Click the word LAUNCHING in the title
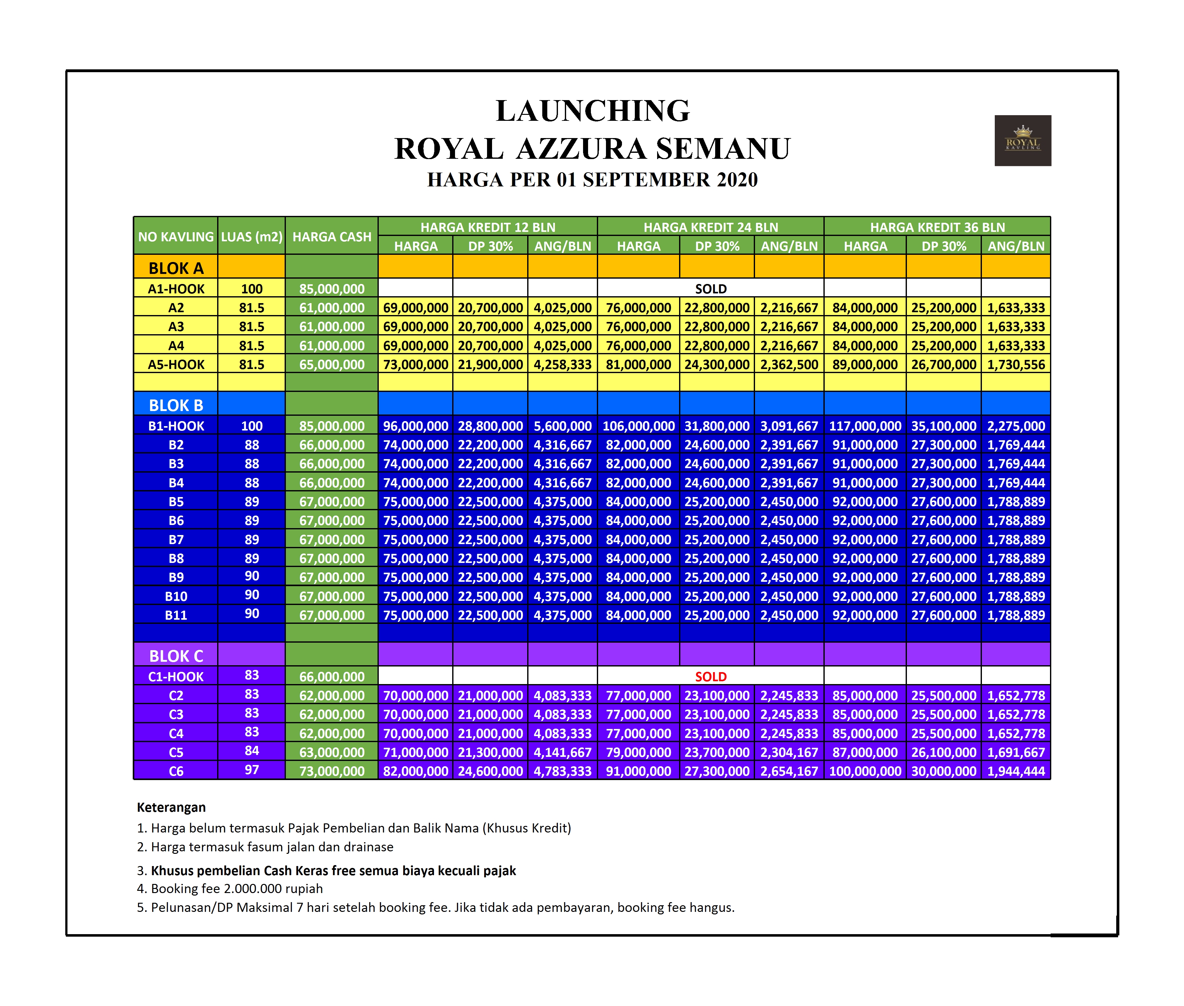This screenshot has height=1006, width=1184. point(592,111)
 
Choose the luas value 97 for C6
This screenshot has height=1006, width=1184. point(251,770)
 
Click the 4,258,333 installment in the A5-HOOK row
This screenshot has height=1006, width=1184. point(562,364)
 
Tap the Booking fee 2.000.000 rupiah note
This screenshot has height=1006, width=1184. point(230,889)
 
